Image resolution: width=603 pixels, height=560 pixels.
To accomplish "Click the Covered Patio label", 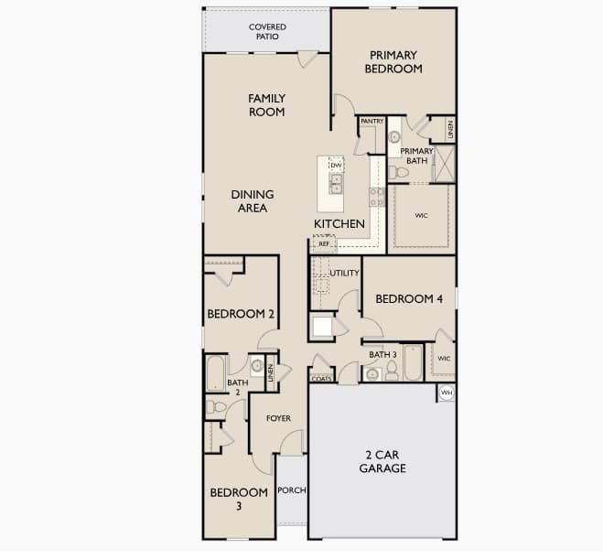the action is [x=267, y=31].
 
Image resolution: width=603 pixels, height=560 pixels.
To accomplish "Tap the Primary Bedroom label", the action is [x=393, y=62].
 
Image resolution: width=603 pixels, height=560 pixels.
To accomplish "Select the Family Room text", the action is [x=266, y=105].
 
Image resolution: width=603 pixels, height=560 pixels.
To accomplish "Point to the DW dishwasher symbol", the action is [x=336, y=166].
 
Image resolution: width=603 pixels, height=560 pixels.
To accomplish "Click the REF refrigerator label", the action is [x=324, y=243].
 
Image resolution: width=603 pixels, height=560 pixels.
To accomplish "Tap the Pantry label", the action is [x=371, y=121].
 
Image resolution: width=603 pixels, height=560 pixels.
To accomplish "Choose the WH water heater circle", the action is [x=447, y=393].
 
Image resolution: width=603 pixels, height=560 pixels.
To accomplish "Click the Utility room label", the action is [x=344, y=273].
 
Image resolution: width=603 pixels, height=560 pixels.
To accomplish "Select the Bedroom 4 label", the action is [x=409, y=299].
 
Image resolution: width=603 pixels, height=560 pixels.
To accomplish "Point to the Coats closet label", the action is [x=321, y=379].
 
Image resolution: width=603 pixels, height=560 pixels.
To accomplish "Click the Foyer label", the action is [x=278, y=418].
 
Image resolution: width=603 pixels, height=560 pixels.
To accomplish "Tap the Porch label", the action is [x=292, y=490].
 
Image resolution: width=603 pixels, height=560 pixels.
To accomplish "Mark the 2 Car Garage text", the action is [x=382, y=461].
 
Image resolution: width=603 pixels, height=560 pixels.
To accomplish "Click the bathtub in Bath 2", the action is [x=215, y=374].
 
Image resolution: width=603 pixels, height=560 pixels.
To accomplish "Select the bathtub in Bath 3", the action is [x=414, y=362].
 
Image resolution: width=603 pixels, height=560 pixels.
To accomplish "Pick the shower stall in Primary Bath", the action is [x=445, y=164].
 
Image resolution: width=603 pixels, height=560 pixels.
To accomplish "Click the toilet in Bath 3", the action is [x=392, y=371].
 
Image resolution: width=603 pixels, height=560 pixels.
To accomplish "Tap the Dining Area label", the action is [x=253, y=201].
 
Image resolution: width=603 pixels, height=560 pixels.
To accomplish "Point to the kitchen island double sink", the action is [x=336, y=184].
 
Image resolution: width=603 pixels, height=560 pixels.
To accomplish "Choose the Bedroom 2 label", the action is [x=241, y=314].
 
